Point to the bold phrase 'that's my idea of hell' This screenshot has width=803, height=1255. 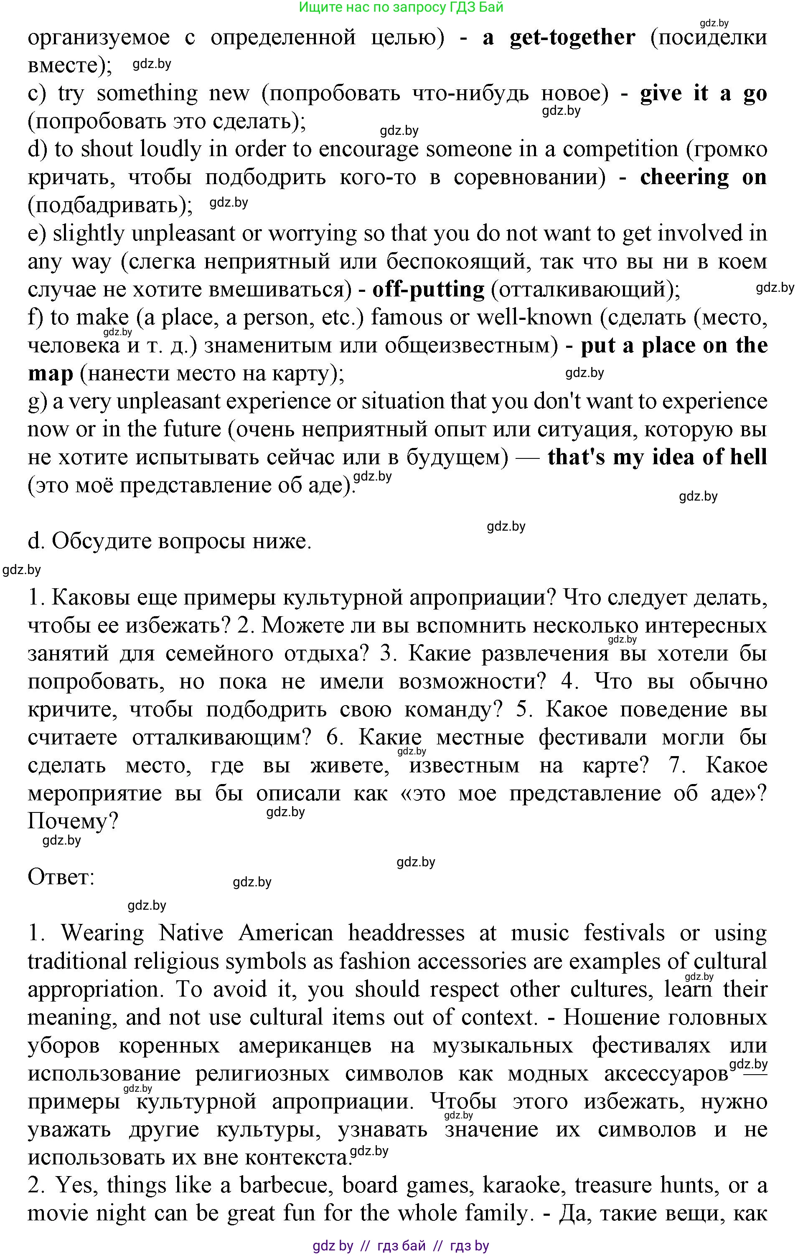[x=657, y=458]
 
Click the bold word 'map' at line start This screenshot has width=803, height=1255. [x=50, y=374]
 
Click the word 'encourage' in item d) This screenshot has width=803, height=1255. [x=368, y=150]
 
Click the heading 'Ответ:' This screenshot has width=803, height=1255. [x=61, y=877]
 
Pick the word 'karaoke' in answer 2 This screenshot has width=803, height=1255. [x=521, y=1185]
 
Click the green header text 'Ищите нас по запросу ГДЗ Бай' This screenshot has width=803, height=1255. [x=401, y=7]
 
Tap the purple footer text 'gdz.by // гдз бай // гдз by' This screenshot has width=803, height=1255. [x=401, y=1246]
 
